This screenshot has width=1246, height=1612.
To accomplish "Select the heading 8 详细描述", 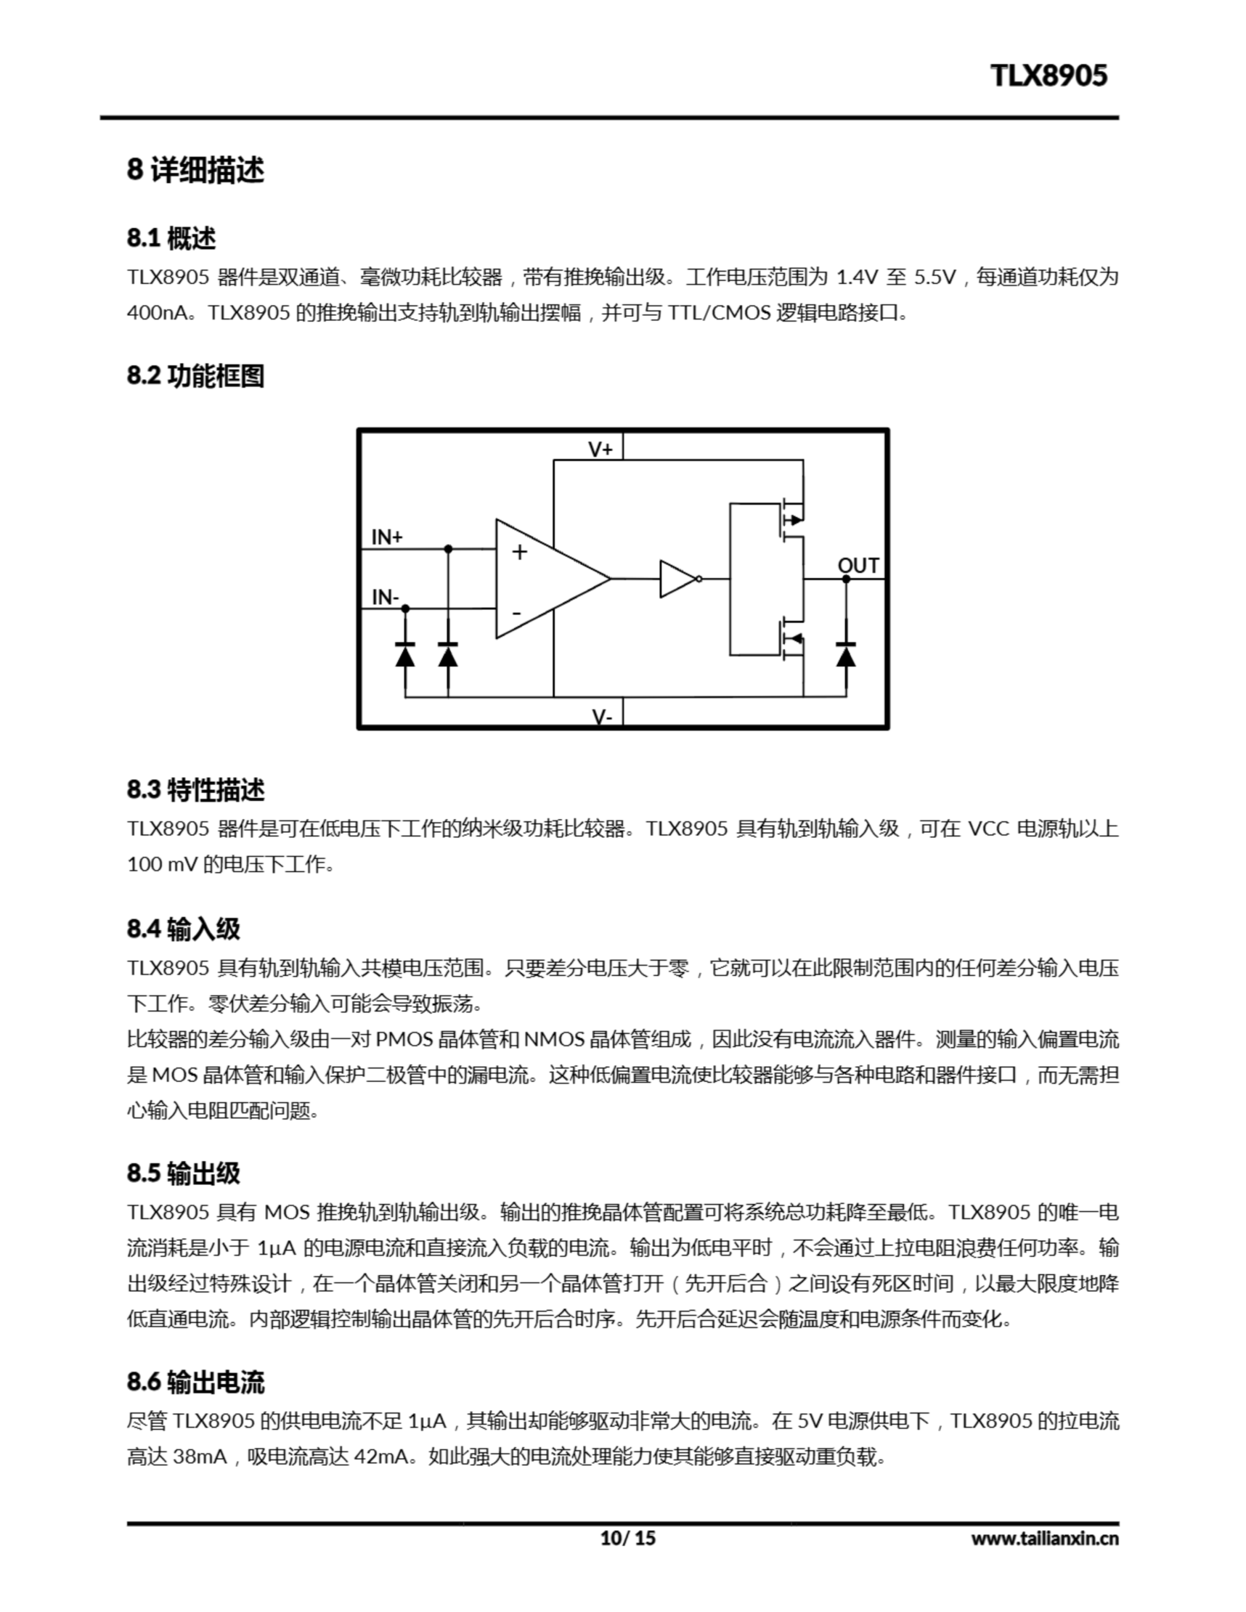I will (195, 170).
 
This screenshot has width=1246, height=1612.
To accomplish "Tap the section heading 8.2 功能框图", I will (195, 376).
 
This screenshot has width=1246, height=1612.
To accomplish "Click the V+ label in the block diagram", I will (600, 449).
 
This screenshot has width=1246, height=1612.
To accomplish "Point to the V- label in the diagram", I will (601, 716).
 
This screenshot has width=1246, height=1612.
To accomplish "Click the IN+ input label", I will (386, 536).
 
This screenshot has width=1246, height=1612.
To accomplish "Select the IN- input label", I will (385, 596).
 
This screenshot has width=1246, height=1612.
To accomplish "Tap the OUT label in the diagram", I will (857, 565).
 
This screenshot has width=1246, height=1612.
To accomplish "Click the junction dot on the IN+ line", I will (448, 549).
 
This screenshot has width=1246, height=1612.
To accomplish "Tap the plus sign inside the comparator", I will (519, 552).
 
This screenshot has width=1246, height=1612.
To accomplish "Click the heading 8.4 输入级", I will (183, 929).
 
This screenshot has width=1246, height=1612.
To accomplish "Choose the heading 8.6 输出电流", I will (195, 1382).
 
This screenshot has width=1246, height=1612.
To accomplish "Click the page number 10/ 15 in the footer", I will (627, 1538).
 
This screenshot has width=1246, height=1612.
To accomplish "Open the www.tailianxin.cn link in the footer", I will (1044, 1538).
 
